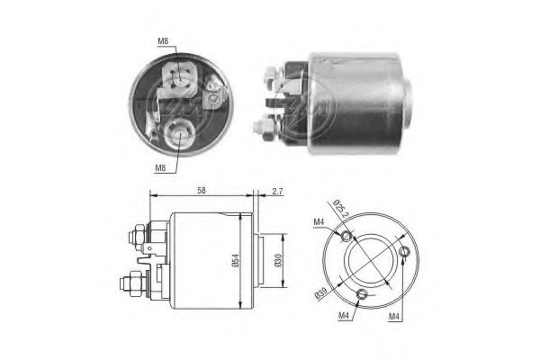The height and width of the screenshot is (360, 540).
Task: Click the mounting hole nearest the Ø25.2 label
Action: click(x=348, y=235)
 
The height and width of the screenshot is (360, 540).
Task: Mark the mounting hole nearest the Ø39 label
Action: click(x=362, y=294)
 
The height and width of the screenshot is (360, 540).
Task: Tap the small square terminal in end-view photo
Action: click(x=214, y=89)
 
